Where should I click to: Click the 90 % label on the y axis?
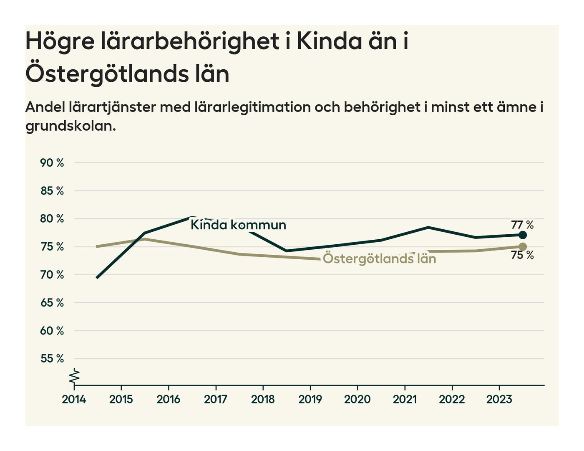pos(52,163)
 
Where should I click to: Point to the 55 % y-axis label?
pos(52,359)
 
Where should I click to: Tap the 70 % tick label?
pos(52,275)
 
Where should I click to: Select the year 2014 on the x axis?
pos(74,399)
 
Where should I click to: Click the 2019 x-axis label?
pos(310,399)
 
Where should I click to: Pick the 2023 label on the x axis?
pos(499,399)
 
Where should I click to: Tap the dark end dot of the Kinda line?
pos(522,235)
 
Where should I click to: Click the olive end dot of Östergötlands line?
pos(522,246)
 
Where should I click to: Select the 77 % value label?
pos(522,225)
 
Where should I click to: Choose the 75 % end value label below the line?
pos(522,255)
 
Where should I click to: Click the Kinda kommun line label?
pos(238,225)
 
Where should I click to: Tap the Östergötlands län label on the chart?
pos(379,259)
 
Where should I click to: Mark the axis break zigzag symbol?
pos(74,376)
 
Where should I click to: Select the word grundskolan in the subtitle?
pos(70,126)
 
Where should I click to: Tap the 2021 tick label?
pos(405,399)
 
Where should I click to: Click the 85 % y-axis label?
pos(52,191)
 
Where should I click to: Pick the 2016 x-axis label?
pos(168,399)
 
